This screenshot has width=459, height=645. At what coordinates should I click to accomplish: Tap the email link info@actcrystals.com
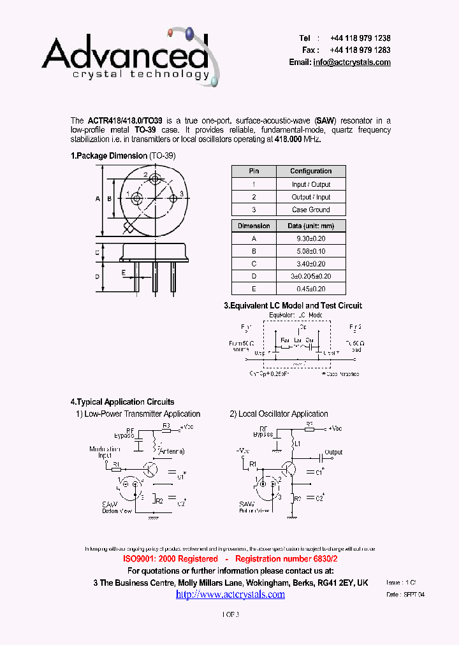click(351, 62)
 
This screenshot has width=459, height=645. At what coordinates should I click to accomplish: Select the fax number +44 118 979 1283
click(360, 50)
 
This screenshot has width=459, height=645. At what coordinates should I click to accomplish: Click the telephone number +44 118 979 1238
click(360, 38)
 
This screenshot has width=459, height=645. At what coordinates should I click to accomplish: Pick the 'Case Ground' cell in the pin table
click(310, 210)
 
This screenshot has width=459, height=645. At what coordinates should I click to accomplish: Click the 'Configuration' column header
click(310, 171)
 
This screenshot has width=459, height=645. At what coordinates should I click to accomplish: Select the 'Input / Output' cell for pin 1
click(310, 184)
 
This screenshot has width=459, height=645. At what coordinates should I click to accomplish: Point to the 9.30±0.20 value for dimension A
click(310, 238)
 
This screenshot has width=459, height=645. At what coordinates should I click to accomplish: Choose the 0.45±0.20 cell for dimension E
click(310, 289)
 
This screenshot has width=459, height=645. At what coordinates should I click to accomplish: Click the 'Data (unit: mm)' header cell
click(310, 226)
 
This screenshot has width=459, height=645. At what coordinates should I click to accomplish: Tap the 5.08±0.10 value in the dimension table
click(310, 251)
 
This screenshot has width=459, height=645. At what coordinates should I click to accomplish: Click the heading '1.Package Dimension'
click(109, 156)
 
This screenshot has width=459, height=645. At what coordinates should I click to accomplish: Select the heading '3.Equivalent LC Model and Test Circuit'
click(293, 306)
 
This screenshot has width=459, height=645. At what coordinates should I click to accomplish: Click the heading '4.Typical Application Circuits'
click(122, 402)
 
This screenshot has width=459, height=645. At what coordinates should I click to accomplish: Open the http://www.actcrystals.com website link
click(230, 594)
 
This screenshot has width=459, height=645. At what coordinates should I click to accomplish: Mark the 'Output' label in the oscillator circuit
click(333, 453)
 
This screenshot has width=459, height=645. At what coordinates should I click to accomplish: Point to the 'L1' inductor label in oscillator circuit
click(297, 442)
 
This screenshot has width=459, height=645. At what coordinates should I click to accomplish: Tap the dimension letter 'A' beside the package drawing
click(98, 199)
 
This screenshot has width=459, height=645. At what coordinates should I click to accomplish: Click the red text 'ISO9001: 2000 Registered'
click(170, 559)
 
